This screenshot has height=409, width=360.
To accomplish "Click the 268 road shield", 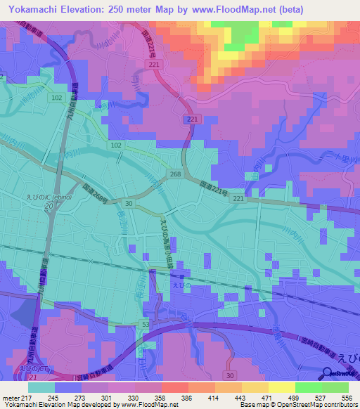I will point(174,174).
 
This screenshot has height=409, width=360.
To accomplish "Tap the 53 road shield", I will point(145,323).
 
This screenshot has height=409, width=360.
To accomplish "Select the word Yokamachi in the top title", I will point(32,10).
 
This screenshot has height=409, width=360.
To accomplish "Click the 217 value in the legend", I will point(27,398).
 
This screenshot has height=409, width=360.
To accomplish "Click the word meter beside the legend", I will point(10,398).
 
